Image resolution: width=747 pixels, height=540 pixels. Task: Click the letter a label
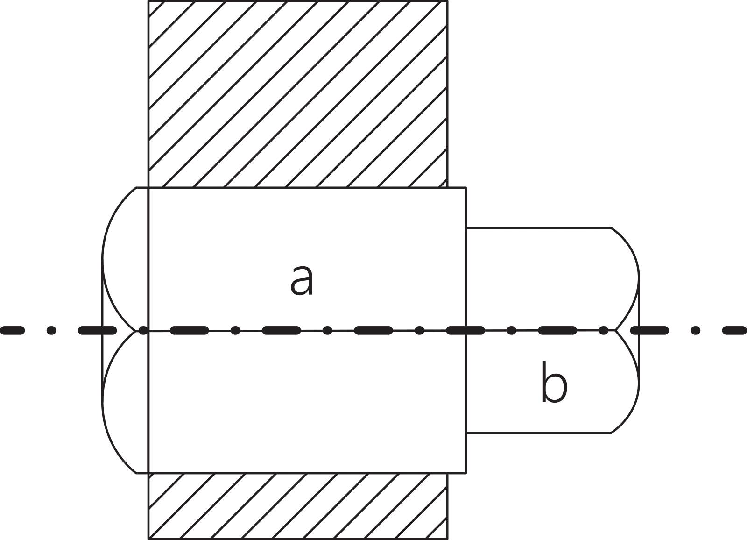[x=302, y=281]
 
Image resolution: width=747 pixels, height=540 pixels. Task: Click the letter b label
[x=554, y=381]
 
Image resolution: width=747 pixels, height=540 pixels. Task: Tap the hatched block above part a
[x=298, y=94]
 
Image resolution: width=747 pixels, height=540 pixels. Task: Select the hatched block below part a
[x=298, y=506]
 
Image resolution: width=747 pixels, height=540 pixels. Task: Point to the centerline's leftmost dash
[x=12, y=330]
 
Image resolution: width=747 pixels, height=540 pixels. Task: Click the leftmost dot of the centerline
[x=51, y=330]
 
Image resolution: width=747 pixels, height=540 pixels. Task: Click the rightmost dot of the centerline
[x=695, y=330]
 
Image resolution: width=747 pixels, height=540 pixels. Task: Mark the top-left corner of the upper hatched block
[x=148, y=1]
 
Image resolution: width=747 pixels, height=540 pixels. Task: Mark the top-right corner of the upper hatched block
[x=447, y=1]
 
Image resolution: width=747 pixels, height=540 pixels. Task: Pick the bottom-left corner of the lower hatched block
[x=148, y=539]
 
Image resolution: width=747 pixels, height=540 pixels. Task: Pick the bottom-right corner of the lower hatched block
[x=447, y=539]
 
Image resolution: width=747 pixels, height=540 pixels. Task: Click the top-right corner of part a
[x=466, y=188]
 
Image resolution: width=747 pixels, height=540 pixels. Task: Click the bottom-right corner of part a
[x=466, y=473]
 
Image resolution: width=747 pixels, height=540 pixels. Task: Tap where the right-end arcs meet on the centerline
[x=615, y=330]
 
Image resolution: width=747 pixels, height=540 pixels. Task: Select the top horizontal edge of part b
[x=538, y=227]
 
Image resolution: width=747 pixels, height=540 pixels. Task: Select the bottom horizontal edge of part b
[x=538, y=433]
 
